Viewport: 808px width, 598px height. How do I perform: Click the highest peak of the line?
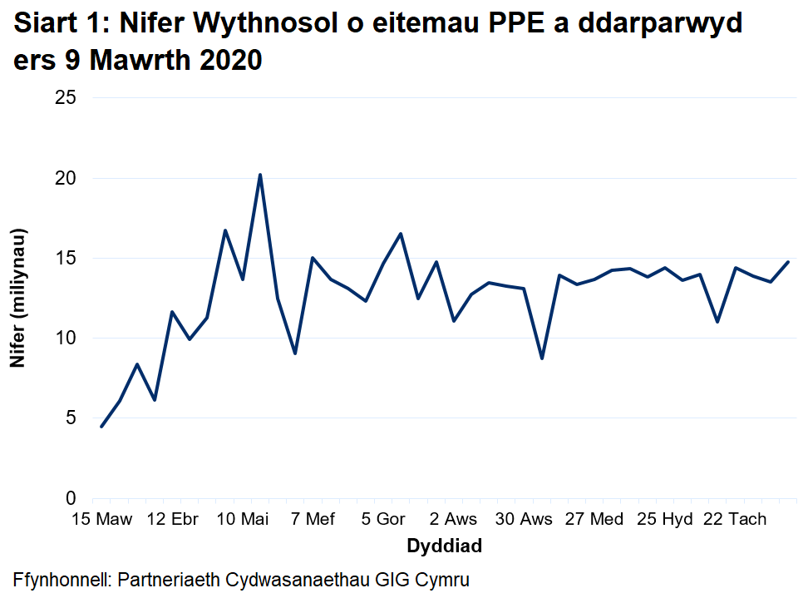[260, 175]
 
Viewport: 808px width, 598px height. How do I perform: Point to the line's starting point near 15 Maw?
[101, 427]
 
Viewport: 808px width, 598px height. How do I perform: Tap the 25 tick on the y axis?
[66, 98]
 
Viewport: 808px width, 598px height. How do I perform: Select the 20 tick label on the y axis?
[66, 178]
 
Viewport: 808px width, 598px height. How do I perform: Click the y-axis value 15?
[66, 258]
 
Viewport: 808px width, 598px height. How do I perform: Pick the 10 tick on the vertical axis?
[66, 338]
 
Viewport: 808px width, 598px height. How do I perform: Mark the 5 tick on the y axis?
[71, 418]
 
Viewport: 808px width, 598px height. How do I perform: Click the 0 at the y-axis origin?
[71, 497]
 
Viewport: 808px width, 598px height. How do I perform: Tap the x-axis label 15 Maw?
[101, 520]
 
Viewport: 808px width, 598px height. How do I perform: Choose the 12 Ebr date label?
[172, 520]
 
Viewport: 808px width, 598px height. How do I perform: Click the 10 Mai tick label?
[243, 520]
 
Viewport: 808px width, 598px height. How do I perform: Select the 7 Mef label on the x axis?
[312, 520]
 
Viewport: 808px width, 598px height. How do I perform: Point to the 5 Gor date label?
[383, 520]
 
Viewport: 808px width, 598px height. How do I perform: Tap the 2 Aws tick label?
[454, 520]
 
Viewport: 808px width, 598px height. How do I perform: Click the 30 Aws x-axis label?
[525, 520]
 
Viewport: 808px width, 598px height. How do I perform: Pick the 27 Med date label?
[594, 520]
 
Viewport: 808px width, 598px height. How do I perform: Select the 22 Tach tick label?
[735, 520]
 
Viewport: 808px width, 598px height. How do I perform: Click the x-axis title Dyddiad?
[444, 546]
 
